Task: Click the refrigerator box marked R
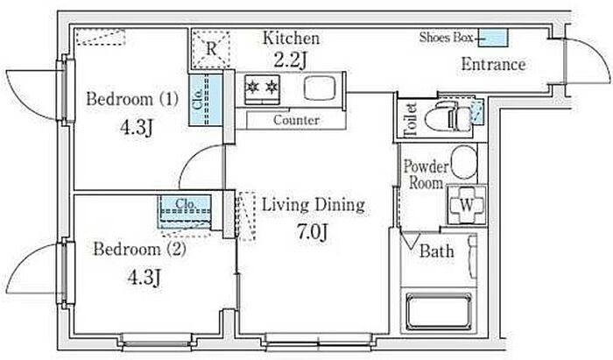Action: [x=211, y=49]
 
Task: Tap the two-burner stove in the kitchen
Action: [x=262, y=89]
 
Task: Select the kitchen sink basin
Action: [x=320, y=88]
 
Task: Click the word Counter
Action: [x=296, y=120]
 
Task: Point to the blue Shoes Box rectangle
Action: [x=493, y=38]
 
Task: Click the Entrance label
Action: [x=493, y=65]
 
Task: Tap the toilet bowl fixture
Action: [x=448, y=116]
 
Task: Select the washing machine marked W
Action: [x=467, y=205]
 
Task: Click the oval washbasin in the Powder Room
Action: [x=464, y=163]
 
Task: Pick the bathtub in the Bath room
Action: [x=439, y=311]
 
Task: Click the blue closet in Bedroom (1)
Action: [x=205, y=100]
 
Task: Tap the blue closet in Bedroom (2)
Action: [x=185, y=212]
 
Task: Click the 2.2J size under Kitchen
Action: [x=290, y=60]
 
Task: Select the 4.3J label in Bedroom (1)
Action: [x=136, y=127]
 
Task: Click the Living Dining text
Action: [x=314, y=205]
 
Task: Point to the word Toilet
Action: [x=410, y=119]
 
